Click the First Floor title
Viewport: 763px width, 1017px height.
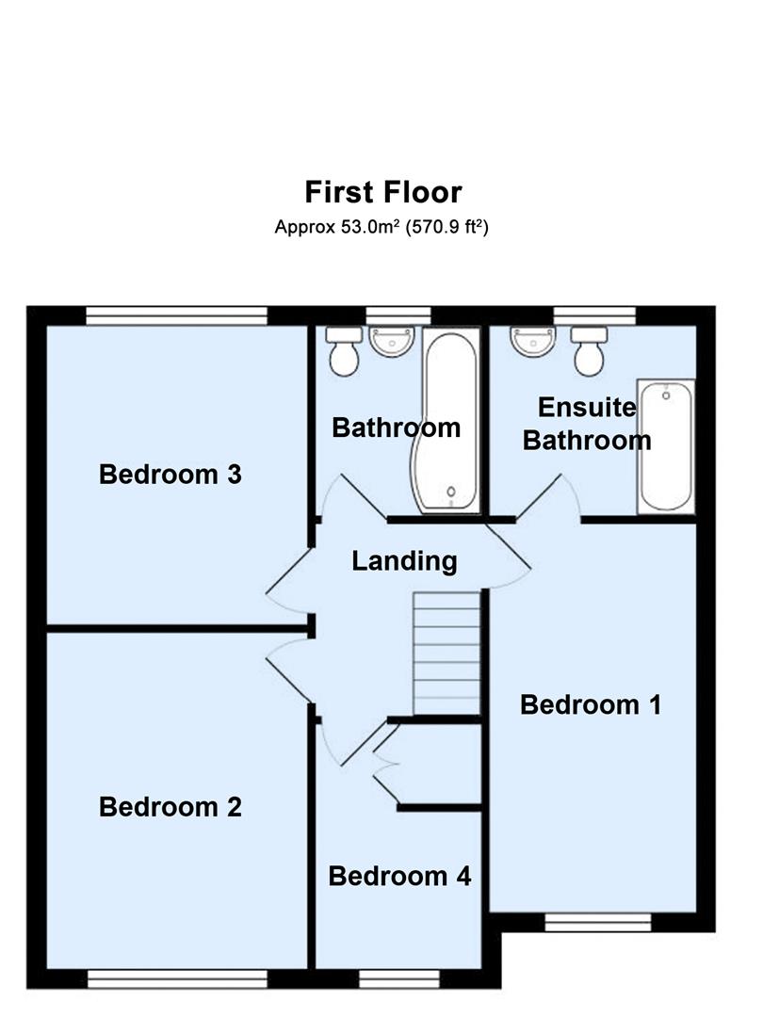point(382,192)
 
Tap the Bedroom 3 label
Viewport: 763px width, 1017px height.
point(170,474)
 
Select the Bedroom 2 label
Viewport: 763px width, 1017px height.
point(170,807)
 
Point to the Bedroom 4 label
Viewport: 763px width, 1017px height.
point(399,877)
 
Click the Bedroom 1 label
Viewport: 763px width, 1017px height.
point(591,704)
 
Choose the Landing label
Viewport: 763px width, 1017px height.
point(404,561)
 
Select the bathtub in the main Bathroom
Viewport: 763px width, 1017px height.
point(449,420)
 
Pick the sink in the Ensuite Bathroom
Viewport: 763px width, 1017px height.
point(531,341)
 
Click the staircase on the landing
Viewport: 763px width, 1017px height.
point(446,652)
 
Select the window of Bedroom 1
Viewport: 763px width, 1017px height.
point(598,923)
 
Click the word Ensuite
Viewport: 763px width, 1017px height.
point(587,408)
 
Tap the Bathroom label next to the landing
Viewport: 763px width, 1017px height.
point(397,428)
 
